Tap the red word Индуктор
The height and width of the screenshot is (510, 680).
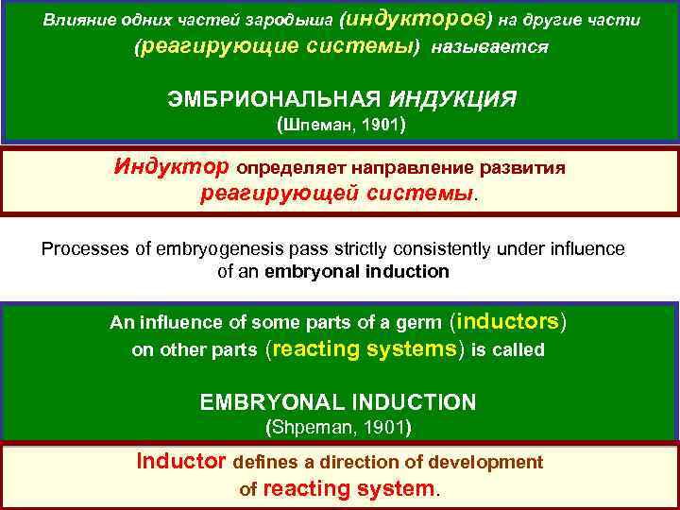[171, 167]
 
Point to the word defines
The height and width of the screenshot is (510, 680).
[263, 463]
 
